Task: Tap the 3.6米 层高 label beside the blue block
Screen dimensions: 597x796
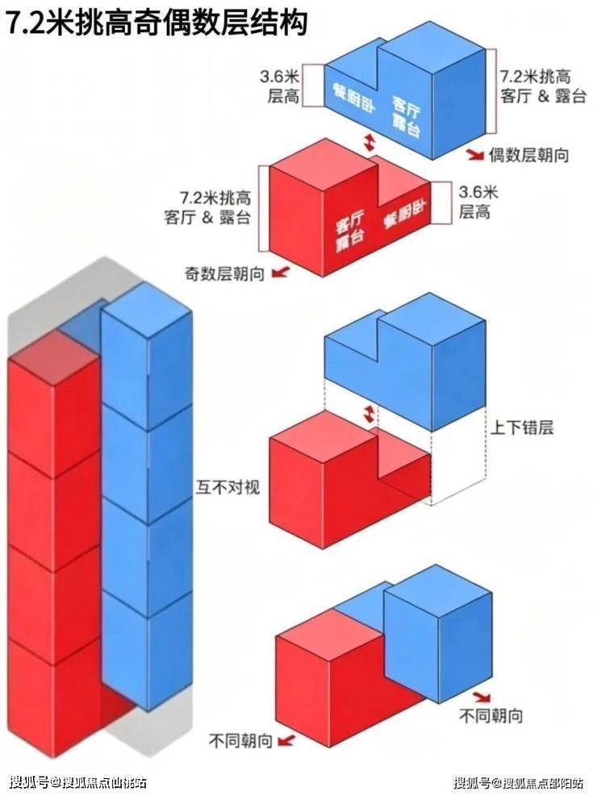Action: pos(281,86)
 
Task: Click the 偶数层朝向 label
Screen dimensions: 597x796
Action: pos(528,155)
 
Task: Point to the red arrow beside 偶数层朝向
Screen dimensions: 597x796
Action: pos(476,154)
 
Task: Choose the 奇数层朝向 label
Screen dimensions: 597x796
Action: pos(224,274)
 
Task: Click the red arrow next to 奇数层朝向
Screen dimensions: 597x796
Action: pos(280,273)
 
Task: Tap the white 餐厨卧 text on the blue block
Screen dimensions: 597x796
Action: pos(354,98)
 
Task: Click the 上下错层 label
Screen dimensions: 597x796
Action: pos(521,427)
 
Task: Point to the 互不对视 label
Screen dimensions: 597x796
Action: pos(228,487)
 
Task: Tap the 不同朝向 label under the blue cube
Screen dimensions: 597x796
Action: pos(491,716)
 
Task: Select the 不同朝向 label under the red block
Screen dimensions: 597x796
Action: pos(240,742)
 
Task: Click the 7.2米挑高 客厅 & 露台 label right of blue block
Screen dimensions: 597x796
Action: pos(543,85)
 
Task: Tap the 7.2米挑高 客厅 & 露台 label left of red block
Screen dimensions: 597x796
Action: pos(207,206)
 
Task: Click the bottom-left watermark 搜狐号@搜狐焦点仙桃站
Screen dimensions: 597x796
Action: pos(79,781)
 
